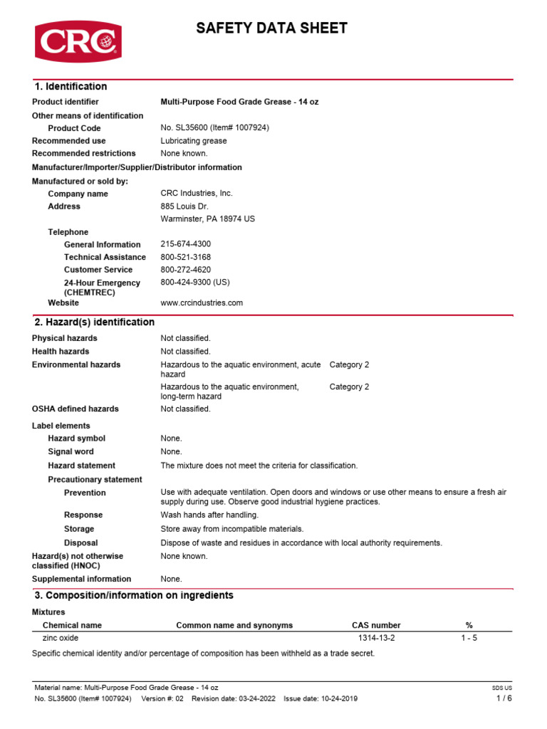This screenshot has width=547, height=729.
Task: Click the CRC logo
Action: (x=78, y=41)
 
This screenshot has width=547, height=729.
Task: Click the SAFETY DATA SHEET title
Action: (x=272, y=28)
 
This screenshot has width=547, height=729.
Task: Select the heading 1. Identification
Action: (x=71, y=87)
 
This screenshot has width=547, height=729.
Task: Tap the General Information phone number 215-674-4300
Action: (x=186, y=244)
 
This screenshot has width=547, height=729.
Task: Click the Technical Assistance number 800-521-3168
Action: (x=186, y=257)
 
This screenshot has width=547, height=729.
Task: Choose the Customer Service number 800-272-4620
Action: (x=186, y=270)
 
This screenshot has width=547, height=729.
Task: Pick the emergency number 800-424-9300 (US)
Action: (x=195, y=283)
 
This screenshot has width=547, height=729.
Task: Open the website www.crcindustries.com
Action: (x=202, y=303)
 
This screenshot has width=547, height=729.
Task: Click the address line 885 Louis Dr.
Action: (x=184, y=206)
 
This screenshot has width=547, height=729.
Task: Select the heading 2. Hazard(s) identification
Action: (x=95, y=322)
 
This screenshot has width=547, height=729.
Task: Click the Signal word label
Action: (x=71, y=451)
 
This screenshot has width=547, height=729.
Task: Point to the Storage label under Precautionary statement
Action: (x=79, y=529)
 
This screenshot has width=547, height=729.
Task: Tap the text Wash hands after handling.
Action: (x=209, y=515)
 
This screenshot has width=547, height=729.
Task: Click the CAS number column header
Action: (x=376, y=625)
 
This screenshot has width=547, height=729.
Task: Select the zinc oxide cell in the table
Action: (x=61, y=638)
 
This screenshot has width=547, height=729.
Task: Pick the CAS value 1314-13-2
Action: (x=376, y=638)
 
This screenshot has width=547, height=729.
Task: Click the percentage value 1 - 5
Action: (x=469, y=638)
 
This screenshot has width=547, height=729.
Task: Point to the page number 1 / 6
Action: (x=504, y=698)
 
